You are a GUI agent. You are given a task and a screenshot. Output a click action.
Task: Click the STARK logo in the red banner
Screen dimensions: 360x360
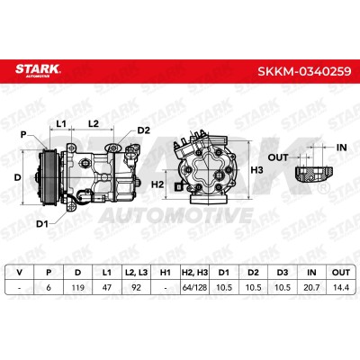pos(38,70)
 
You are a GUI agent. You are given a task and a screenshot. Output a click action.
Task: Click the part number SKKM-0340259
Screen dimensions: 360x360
pos(304,71)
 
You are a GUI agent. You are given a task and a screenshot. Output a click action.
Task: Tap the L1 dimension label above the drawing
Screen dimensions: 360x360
pos(61,123)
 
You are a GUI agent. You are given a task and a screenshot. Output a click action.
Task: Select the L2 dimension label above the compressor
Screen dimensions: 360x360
pos(94,123)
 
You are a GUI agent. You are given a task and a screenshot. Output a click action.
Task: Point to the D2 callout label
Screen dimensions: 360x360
pos(143,130)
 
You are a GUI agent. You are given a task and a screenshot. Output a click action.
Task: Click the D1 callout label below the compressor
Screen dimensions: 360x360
pos(42,224)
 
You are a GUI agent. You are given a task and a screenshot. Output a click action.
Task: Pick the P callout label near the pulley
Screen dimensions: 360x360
pos(23,135)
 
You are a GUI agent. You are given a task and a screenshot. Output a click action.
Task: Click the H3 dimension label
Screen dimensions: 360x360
pos(256,170)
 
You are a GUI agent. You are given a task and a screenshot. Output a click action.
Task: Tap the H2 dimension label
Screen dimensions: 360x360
pos(157,184)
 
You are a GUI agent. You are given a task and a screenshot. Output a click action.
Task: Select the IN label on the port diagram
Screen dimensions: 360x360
pos(341,148)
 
